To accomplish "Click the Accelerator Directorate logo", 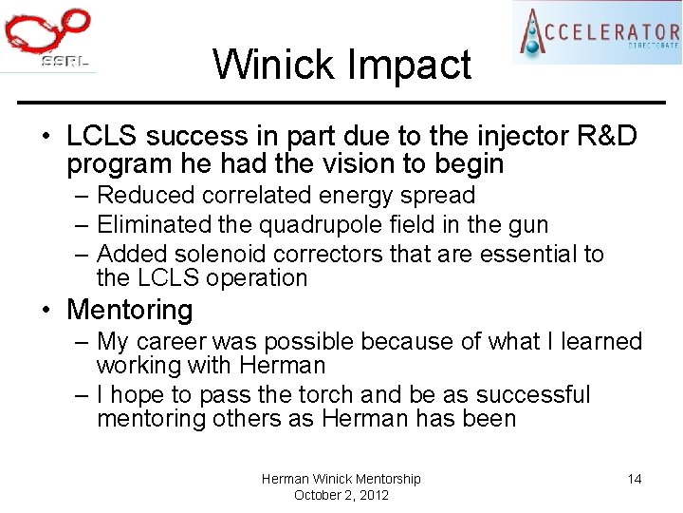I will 597,32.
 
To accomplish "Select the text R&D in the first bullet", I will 606,137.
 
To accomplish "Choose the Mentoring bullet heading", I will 129,310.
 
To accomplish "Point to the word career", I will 172,341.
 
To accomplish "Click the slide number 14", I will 635,479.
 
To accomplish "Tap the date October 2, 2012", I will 341,495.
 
